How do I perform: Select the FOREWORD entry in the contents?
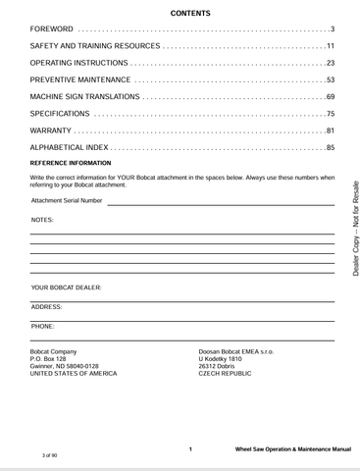pyautogui.click(x=52, y=29)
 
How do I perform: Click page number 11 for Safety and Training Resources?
pyautogui.click(x=331, y=46)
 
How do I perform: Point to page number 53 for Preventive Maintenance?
pyautogui.click(x=331, y=79)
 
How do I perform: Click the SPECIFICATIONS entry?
pyautogui.click(x=61, y=114)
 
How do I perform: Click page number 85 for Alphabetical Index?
pyautogui.click(x=331, y=147)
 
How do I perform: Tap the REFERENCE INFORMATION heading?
pyautogui.click(x=71, y=163)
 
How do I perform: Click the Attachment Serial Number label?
pyautogui.click(x=67, y=200)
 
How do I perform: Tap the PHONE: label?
pyautogui.click(x=43, y=325)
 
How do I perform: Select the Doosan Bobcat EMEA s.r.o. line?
pyautogui.click(x=236, y=350)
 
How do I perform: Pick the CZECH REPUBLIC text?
pyautogui.click(x=225, y=374)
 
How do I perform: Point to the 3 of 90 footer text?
pyautogui.click(x=51, y=457)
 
